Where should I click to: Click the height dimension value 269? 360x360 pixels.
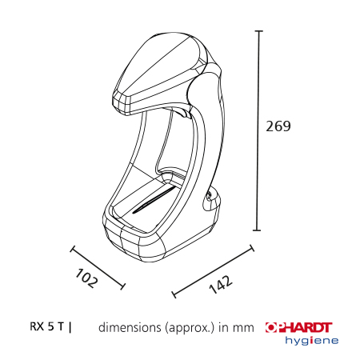[278, 126]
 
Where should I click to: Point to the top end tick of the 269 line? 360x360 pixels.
[258, 31]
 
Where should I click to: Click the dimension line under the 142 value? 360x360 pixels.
[212, 270]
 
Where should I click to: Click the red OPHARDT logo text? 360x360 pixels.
[298, 326]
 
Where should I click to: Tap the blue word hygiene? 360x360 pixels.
[312, 340]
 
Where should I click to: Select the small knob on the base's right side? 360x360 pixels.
[211, 194]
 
